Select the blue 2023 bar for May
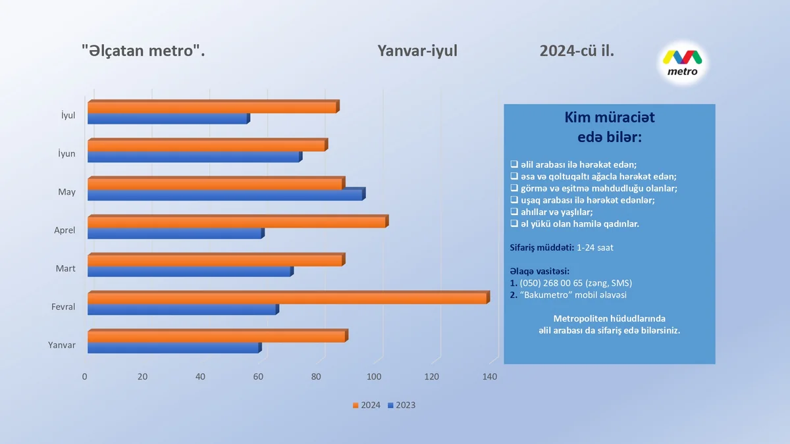[x=225, y=195]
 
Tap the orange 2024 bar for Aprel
[x=237, y=222]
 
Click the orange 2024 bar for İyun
[x=207, y=146]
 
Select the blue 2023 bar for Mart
[x=190, y=272]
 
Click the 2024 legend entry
[x=366, y=405]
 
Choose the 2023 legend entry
[x=402, y=405]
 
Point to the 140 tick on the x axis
[x=489, y=377]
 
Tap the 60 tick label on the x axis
[x=258, y=377]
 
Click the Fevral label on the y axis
[x=63, y=307]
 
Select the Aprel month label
[x=65, y=231]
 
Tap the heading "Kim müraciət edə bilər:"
[x=610, y=127]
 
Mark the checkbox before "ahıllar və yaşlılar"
[x=514, y=212]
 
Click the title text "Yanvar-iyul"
[x=417, y=51]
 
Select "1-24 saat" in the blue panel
[x=595, y=247]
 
